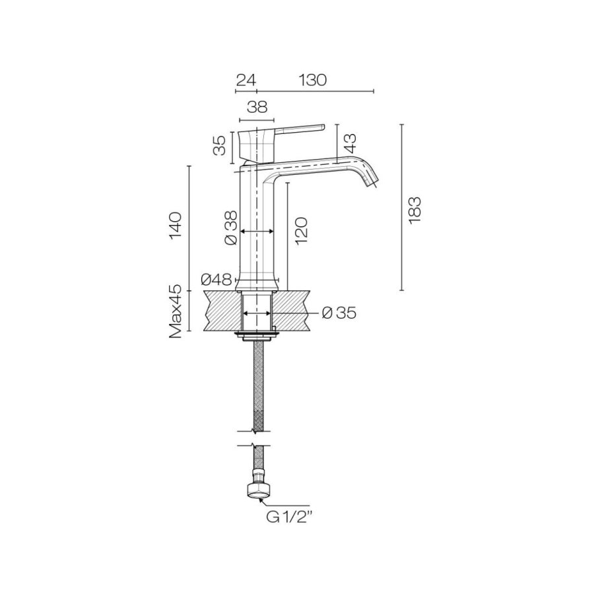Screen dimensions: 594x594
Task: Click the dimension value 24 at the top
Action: click(x=246, y=81)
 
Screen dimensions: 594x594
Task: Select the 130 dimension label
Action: click(x=313, y=81)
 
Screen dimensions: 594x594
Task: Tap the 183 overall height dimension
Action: click(x=415, y=211)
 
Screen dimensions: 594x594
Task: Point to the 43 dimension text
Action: click(x=351, y=143)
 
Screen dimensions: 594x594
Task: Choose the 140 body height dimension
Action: click(x=176, y=226)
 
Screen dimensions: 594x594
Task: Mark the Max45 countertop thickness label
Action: click(x=176, y=313)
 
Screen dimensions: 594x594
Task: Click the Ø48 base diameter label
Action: click(x=216, y=280)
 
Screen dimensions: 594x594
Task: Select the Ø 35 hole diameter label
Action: click(x=339, y=313)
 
